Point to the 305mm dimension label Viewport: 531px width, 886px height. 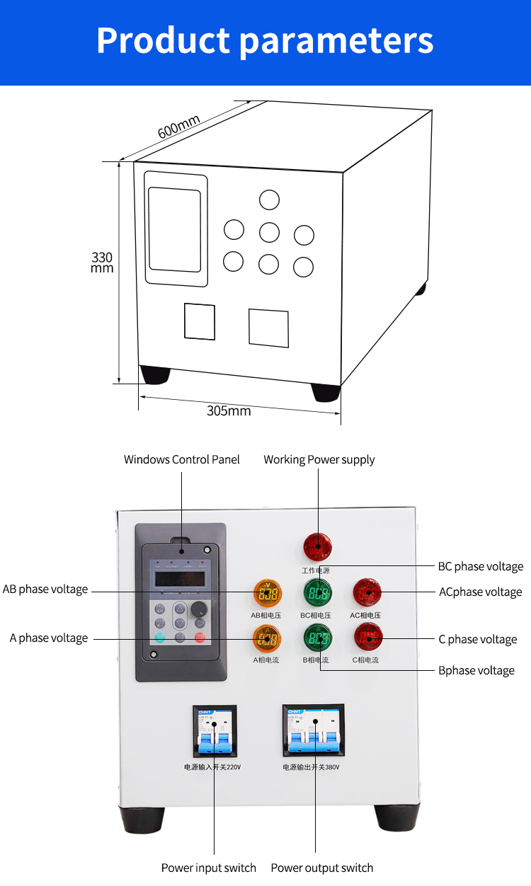pyautogui.click(x=229, y=410)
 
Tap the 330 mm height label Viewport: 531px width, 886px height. pyautogui.click(x=102, y=263)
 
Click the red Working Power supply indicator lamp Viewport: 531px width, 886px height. pyautogui.click(x=317, y=547)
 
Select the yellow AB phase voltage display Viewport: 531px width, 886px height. pyautogui.click(x=268, y=594)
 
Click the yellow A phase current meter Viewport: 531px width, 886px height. pyautogui.click(x=268, y=638)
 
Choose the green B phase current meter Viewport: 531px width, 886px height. pyautogui.click(x=318, y=638)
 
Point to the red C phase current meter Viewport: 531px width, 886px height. pyautogui.click(x=368, y=638)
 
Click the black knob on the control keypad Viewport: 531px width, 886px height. pyautogui.click(x=200, y=608)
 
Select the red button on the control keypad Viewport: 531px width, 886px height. pyautogui.click(x=200, y=638)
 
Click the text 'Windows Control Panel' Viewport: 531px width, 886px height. pyautogui.click(x=182, y=460)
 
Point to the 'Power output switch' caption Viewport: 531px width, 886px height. pyautogui.click(x=322, y=868)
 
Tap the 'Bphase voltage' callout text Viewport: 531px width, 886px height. pyautogui.click(x=476, y=671)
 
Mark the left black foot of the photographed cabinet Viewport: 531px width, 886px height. pyautogui.click(x=142, y=819)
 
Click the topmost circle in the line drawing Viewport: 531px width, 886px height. pyautogui.click(x=269, y=200)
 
